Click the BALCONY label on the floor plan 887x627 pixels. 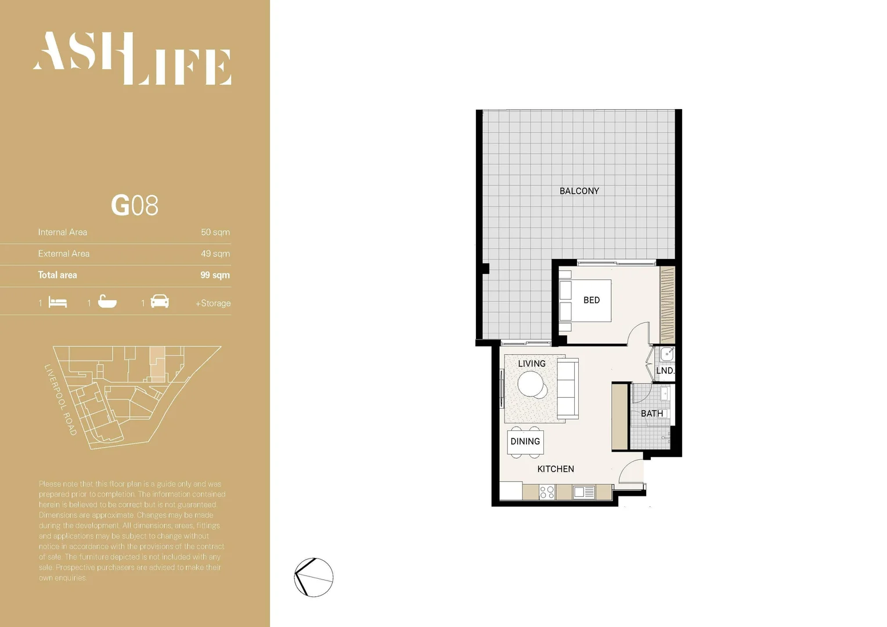(579, 191)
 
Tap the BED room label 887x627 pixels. (591, 300)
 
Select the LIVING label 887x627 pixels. (531, 363)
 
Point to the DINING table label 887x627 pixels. (525, 441)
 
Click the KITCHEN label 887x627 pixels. (556, 469)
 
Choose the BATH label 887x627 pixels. (651, 413)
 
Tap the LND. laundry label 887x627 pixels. (665, 370)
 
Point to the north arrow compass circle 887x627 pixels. (313, 577)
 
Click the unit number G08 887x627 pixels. (134, 206)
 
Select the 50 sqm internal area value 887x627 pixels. (215, 232)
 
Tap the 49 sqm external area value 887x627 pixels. (215, 254)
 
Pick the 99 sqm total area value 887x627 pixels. (215, 275)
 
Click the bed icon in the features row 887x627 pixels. (57, 302)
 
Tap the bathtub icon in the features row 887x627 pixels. (107, 302)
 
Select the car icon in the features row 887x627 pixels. (160, 302)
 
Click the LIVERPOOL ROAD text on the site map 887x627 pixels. (60, 400)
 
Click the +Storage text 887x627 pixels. (213, 303)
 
